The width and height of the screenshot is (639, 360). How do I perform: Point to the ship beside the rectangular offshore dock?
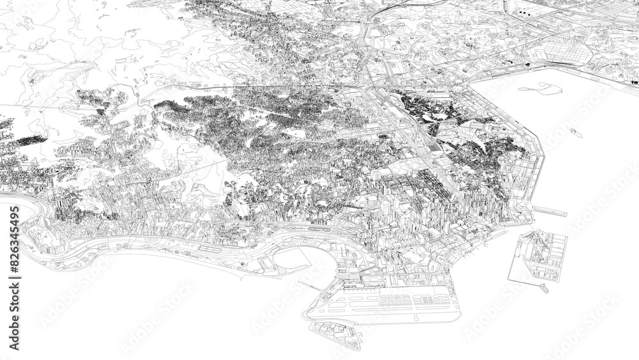(544, 288)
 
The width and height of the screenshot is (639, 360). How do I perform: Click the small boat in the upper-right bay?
(574, 132)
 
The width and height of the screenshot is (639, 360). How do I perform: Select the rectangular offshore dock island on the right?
(538, 256)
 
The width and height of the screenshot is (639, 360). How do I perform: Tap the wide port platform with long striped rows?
(390, 303)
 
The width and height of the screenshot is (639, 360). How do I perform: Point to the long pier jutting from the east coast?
(546, 209)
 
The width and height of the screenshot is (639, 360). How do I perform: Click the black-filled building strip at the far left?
(29, 141)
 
